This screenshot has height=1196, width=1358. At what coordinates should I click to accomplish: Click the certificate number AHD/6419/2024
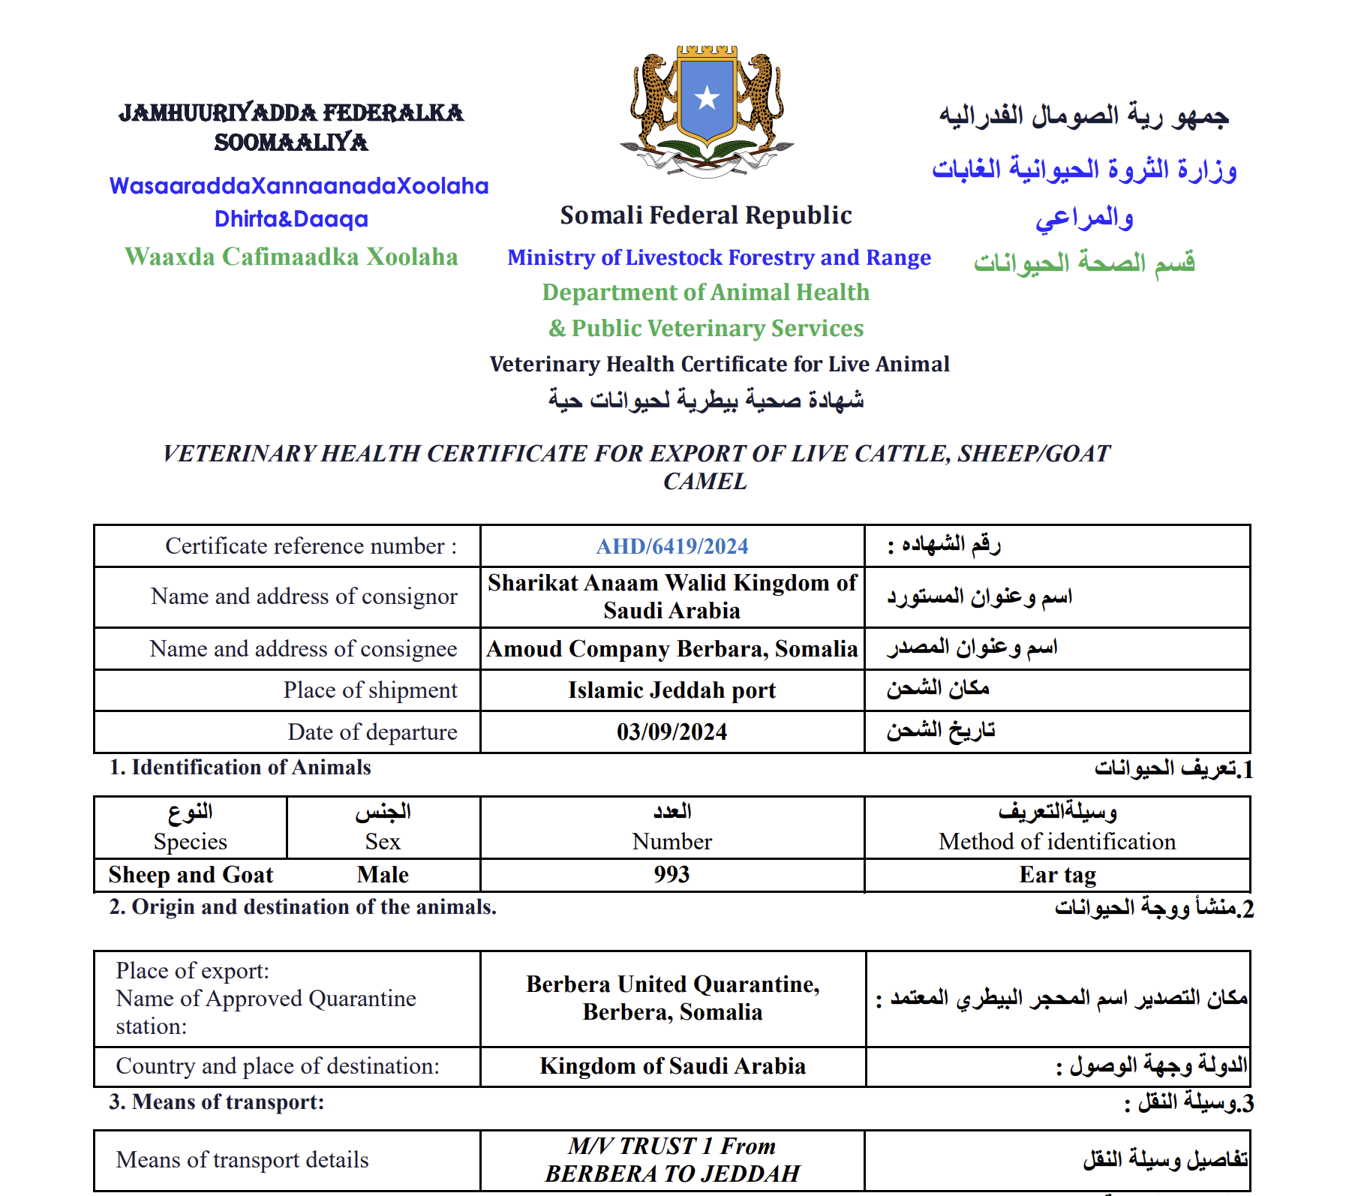pyautogui.click(x=671, y=546)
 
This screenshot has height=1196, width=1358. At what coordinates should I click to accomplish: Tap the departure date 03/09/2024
pyautogui.click(x=671, y=732)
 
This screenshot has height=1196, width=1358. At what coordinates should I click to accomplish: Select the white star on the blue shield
pyautogui.click(x=707, y=98)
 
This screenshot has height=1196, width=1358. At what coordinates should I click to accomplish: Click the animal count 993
pyautogui.click(x=671, y=874)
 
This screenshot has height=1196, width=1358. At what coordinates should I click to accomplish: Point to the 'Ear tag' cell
pyautogui.click(x=1057, y=875)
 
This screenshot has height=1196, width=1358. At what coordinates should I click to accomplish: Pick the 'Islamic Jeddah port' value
pyautogui.click(x=671, y=690)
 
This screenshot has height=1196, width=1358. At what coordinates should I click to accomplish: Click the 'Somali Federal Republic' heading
pyautogui.click(x=706, y=215)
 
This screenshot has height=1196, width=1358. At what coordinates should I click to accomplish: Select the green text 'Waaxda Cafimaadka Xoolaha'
pyautogui.click(x=291, y=257)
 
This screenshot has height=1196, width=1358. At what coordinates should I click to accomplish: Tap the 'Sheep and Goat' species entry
pyautogui.click(x=191, y=875)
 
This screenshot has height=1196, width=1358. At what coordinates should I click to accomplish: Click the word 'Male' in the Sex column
pyautogui.click(x=383, y=875)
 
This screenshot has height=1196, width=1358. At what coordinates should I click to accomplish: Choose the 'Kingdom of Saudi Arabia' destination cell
pyautogui.click(x=672, y=1066)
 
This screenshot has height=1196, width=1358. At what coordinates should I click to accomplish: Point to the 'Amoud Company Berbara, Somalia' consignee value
pyautogui.click(x=671, y=648)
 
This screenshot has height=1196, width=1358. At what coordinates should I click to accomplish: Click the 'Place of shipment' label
pyautogui.click(x=370, y=690)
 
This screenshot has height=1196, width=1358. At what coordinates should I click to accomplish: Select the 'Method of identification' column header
pyautogui.click(x=1057, y=842)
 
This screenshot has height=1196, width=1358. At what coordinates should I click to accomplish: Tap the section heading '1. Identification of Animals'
pyautogui.click(x=240, y=768)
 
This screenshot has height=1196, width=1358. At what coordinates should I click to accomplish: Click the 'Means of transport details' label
pyautogui.click(x=242, y=1160)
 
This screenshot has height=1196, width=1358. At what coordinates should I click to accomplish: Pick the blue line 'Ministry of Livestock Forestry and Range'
pyautogui.click(x=719, y=257)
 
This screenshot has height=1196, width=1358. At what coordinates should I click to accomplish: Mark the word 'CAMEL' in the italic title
pyautogui.click(x=705, y=481)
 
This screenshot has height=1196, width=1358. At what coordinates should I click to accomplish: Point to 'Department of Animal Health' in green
pyautogui.click(x=706, y=293)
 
